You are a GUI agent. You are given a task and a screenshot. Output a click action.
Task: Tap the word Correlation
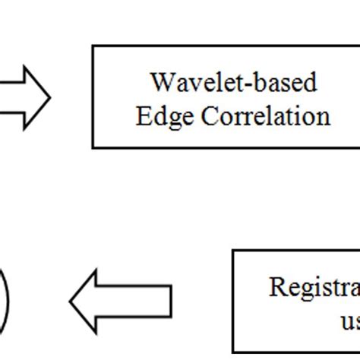254,116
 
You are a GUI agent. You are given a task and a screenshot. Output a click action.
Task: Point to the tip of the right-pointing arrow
49,96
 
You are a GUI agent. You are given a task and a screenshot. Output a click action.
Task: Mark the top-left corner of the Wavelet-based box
93,46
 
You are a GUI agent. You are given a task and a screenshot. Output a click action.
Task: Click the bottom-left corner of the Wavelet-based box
93,147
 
